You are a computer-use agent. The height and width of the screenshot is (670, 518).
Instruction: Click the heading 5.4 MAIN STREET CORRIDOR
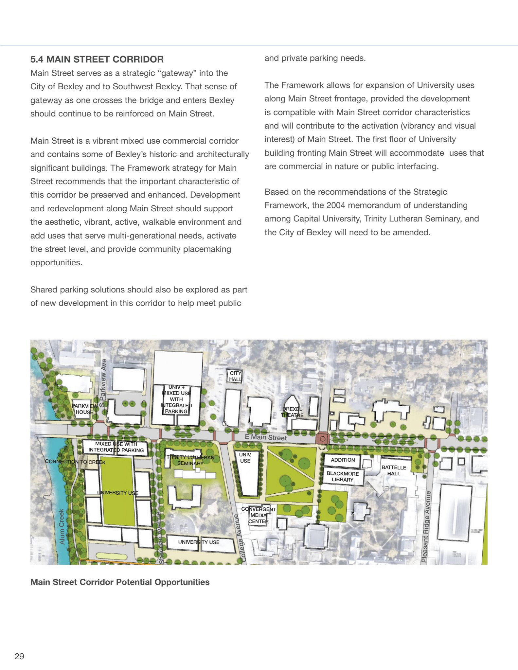click(x=97, y=60)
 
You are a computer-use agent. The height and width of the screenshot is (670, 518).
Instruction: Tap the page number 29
click(x=19, y=656)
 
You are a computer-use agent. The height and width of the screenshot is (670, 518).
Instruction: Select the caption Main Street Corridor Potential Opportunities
click(x=120, y=582)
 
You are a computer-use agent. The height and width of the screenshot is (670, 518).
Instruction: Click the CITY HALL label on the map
click(x=235, y=376)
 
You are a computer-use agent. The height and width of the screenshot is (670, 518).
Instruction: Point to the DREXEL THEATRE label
click(x=292, y=412)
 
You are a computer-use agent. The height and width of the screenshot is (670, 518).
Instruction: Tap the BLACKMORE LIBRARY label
click(x=343, y=477)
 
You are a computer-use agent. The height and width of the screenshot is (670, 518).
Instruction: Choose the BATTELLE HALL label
click(x=394, y=470)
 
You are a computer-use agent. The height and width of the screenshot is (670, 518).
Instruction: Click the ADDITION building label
click(x=343, y=460)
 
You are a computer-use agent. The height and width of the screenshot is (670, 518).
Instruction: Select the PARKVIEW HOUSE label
click(x=84, y=409)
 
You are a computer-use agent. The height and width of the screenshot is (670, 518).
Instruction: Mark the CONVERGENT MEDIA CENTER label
click(x=259, y=515)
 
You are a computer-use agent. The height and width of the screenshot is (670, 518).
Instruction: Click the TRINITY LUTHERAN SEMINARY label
click(x=190, y=460)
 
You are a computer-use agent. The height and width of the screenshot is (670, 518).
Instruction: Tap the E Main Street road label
click(x=265, y=437)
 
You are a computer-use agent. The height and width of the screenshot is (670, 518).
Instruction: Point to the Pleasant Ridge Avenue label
click(x=425, y=527)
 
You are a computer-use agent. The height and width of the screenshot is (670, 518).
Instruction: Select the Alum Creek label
click(x=62, y=526)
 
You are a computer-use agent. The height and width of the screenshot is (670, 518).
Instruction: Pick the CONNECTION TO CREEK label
click(x=75, y=462)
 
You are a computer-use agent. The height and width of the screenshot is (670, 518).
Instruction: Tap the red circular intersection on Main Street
click(x=322, y=438)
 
